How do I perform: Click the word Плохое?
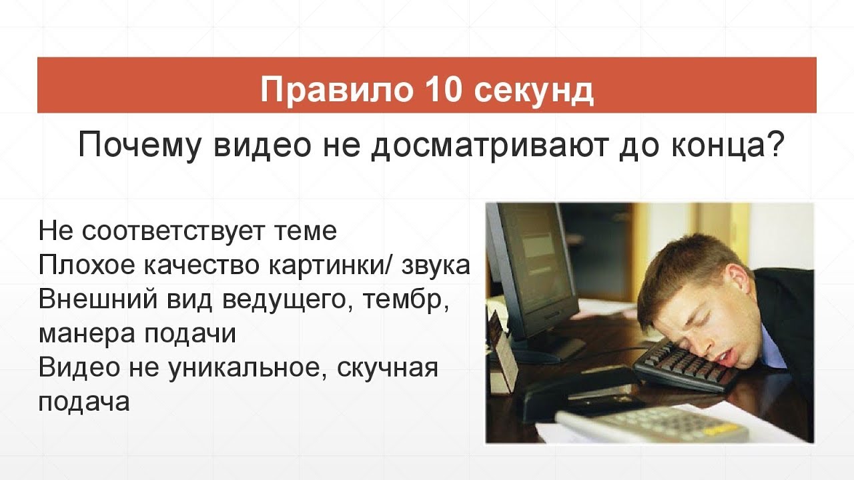pyautogui.click(x=87, y=265)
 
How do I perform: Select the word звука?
pyautogui.click(x=436, y=266)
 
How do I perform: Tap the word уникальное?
pyautogui.click(x=244, y=368)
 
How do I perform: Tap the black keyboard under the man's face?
pyautogui.click(x=683, y=365)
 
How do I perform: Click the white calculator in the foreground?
pyautogui.click(x=648, y=422)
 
